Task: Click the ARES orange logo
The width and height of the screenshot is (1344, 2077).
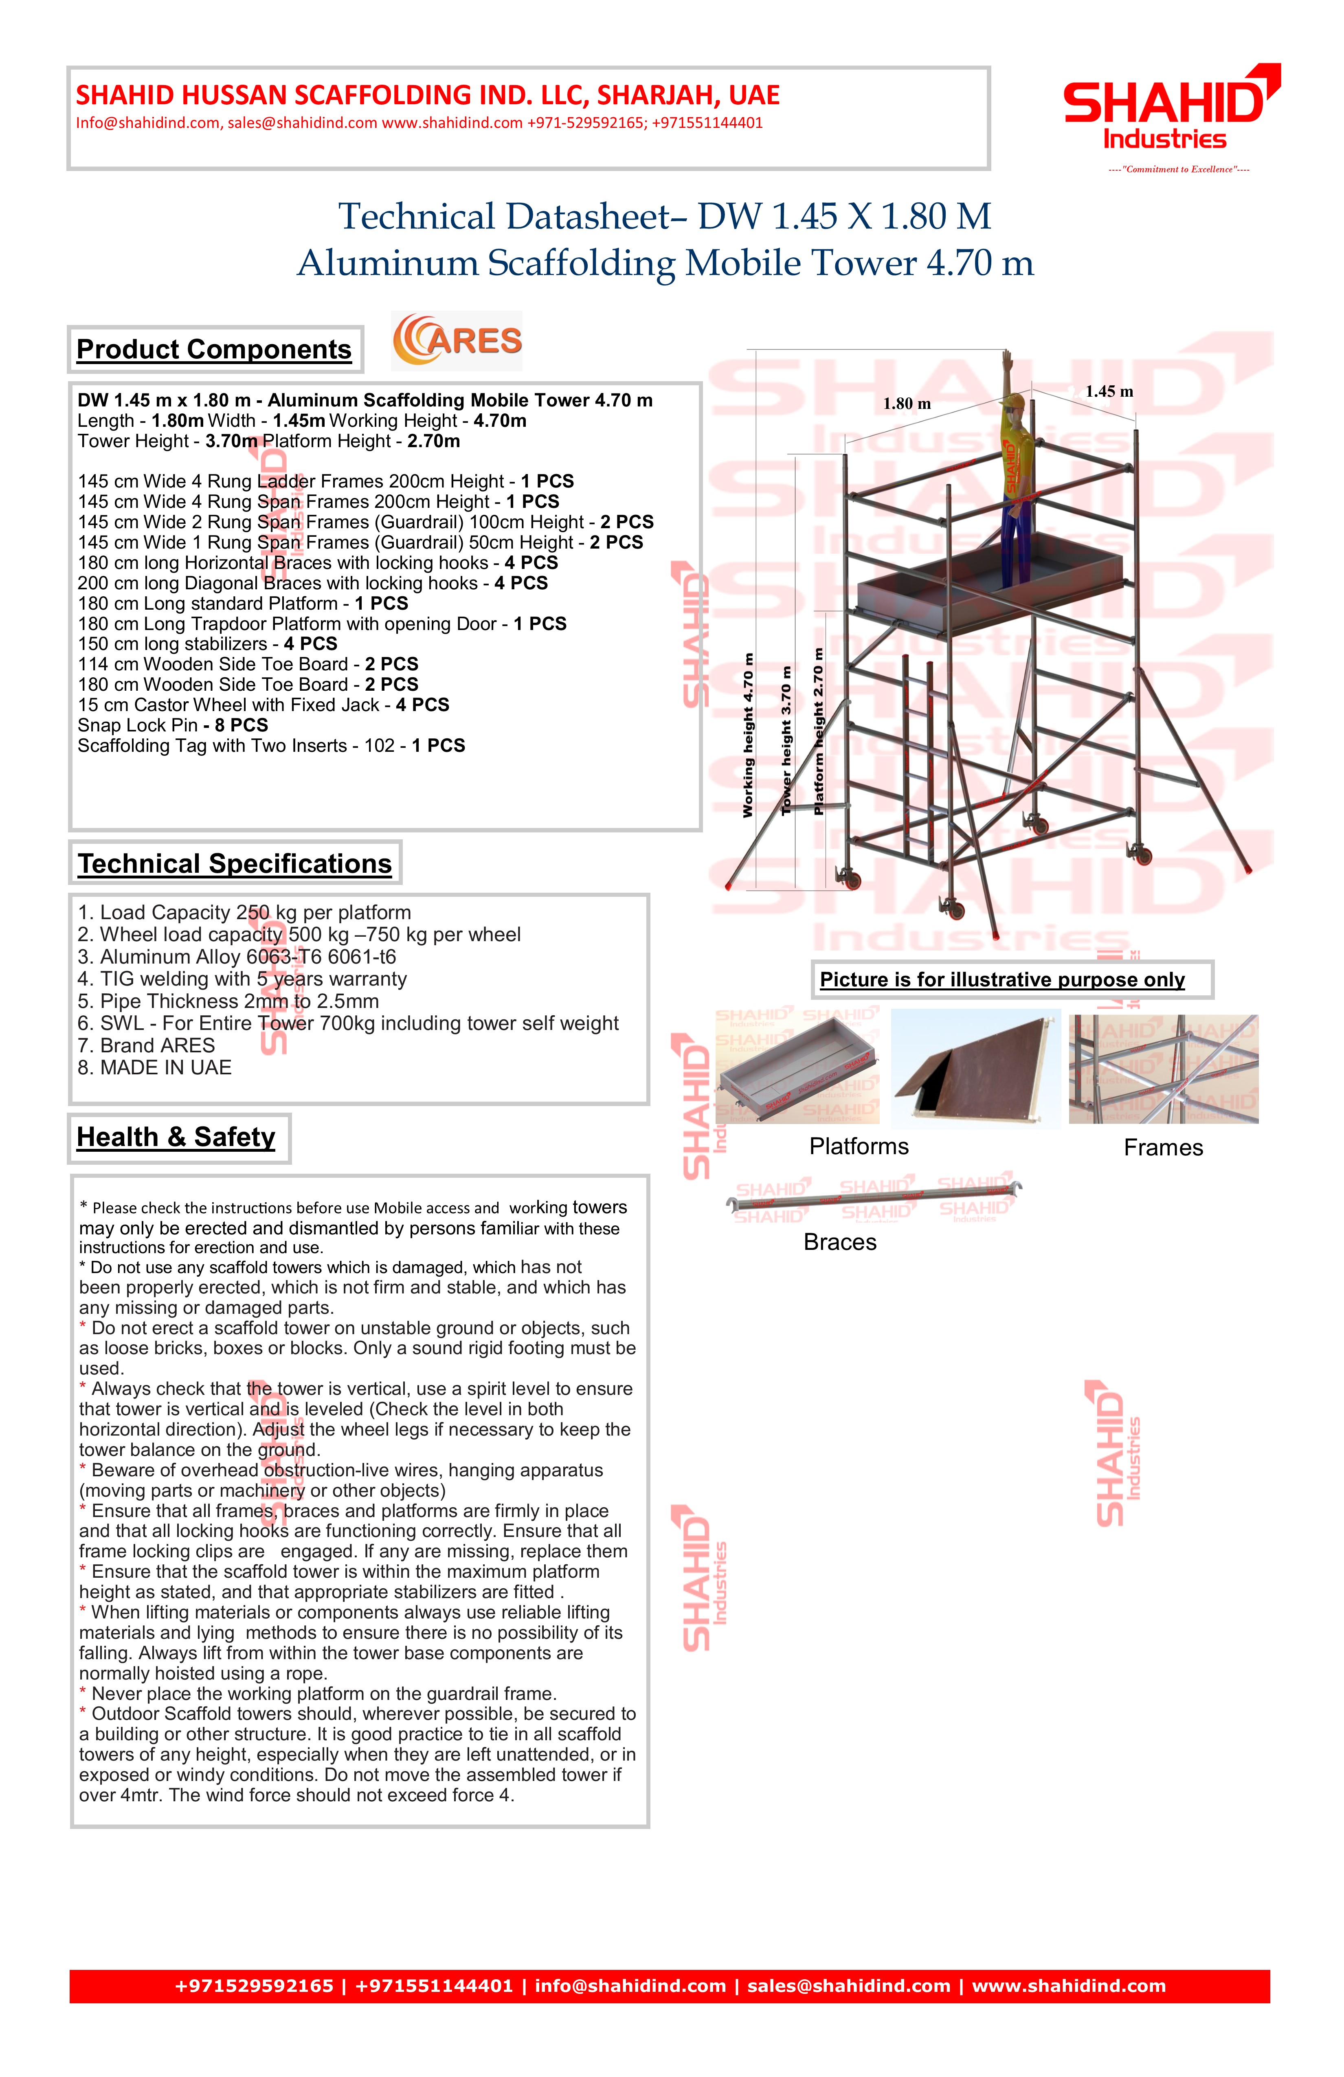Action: tap(457, 340)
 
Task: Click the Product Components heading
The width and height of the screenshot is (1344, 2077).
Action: tap(214, 349)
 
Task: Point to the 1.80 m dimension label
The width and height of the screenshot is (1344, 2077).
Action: tap(907, 404)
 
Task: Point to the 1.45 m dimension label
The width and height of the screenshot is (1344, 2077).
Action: tap(1109, 392)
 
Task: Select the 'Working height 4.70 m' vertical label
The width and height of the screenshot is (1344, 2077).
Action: tap(748, 735)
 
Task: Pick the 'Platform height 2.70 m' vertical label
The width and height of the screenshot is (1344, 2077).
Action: tap(819, 731)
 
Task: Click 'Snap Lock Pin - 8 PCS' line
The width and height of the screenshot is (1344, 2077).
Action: tap(173, 725)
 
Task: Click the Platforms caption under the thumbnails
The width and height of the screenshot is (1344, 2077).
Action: tap(859, 1147)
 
